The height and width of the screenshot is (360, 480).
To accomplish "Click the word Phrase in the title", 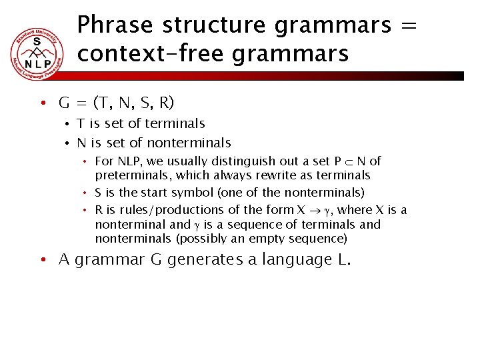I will tap(116, 25).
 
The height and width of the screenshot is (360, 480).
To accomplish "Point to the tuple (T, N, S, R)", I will tap(133, 103).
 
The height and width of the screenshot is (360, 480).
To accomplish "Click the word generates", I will tap(207, 259).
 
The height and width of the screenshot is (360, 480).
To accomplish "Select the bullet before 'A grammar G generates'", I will tap(41, 260).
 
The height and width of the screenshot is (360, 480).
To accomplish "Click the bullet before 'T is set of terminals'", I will tap(67, 124).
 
